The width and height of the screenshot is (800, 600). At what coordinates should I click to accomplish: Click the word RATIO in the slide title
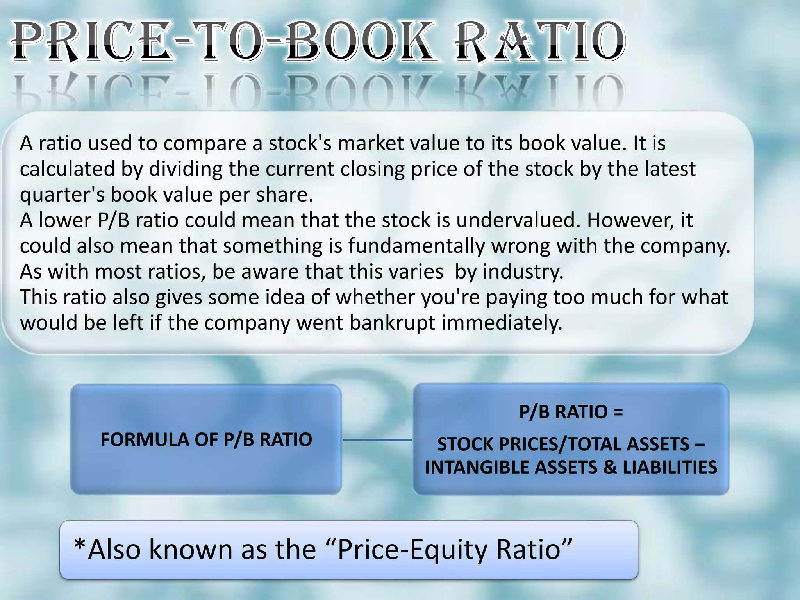tap(541, 42)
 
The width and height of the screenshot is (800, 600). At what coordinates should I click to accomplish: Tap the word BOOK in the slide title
tap(359, 42)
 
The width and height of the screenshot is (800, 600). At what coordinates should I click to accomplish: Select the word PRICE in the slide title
tap(94, 42)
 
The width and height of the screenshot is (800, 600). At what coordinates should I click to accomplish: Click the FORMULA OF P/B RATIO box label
tap(206, 439)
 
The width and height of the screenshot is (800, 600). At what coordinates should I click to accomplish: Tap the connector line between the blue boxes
tap(377, 440)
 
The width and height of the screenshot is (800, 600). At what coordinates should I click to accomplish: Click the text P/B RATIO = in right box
tap(571, 412)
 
